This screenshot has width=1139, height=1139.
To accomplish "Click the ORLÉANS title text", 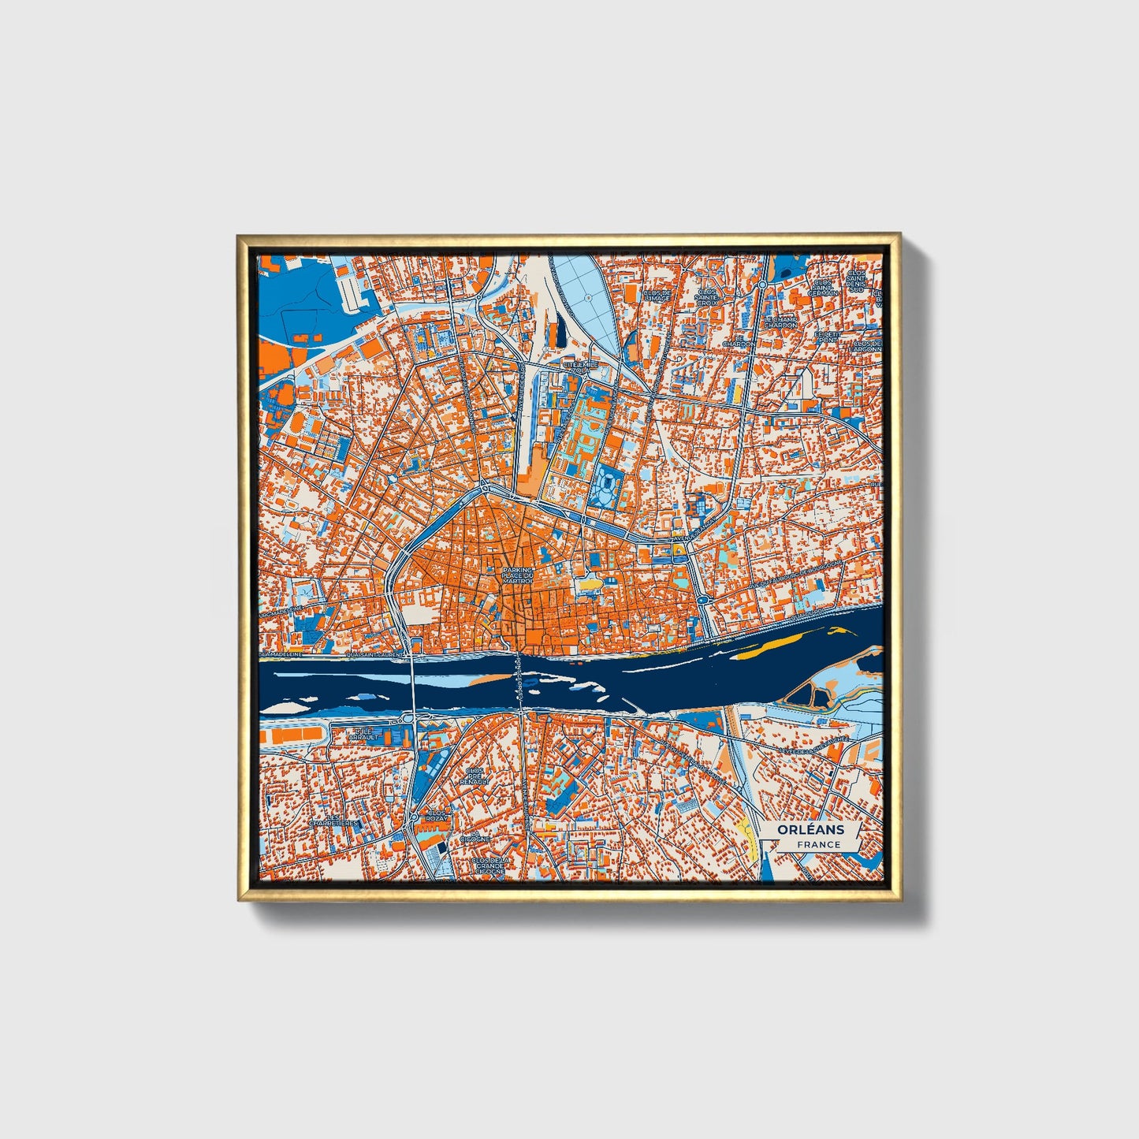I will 810,829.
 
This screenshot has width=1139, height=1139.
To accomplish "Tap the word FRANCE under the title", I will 818,844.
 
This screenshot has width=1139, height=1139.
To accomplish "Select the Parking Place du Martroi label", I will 518,575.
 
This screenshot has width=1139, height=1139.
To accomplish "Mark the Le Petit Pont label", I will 828,337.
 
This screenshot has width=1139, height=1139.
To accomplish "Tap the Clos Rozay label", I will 437,815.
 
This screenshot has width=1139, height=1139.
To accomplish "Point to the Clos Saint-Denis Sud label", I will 857,281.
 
